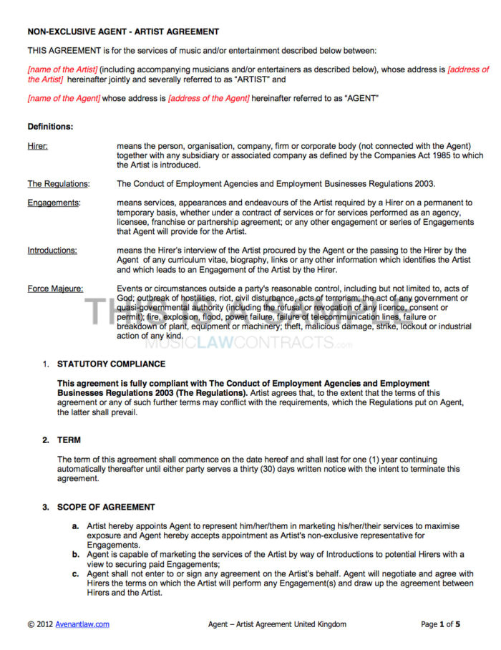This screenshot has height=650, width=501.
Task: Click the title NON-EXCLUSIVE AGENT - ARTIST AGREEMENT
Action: (x=123, y=31)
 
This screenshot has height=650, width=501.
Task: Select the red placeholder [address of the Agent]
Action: (x=209, y=98)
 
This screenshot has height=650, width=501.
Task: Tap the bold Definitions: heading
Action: (x=50, y=127)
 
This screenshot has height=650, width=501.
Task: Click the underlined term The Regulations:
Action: (x=58, y=184)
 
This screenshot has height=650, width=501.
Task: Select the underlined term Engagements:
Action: (x=54, y=203)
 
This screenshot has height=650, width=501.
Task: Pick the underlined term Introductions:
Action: (x=52, y=251)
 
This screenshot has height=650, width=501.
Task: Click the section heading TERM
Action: (x=69, y=440)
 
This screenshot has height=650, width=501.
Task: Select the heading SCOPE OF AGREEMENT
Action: (x=106, y=507)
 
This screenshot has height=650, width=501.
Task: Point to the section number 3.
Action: (x=44, y=507)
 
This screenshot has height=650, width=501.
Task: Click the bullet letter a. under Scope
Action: (x=75, y=526)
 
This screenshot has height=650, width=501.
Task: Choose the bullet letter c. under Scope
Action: (x=75, y=574)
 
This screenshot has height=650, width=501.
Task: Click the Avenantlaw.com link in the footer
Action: (x=82, y=624)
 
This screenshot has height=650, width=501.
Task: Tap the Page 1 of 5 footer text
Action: (x=440, y=624)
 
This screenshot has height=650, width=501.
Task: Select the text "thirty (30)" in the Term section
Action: (x=283, y=469)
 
